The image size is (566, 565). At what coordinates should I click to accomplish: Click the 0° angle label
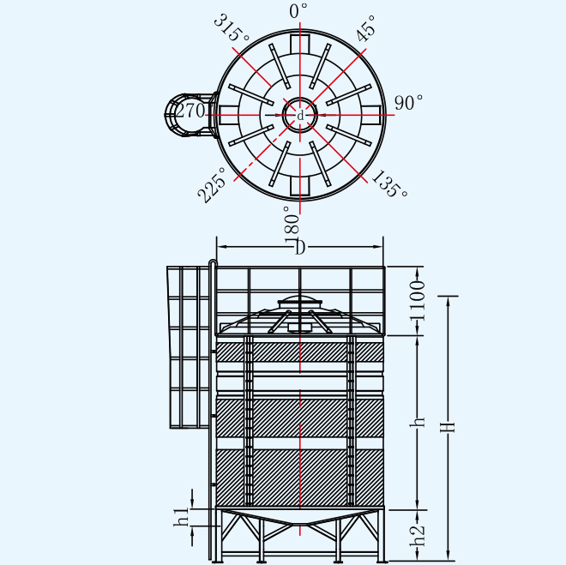click(298, 10)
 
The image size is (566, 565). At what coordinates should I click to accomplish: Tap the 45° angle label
click(366, 29)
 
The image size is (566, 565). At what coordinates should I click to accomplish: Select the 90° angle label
click(408, 103)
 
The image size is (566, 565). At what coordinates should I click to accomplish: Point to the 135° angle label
click(389, 184)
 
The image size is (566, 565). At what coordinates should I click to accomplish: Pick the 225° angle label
click(212, 184)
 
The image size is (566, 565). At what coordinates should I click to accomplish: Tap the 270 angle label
click(190, 111)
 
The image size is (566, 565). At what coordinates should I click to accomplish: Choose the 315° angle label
click(232, 28)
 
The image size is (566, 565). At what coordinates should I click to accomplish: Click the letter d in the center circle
click(300, 116)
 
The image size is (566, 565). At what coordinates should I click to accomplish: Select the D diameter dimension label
click(300, 248)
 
